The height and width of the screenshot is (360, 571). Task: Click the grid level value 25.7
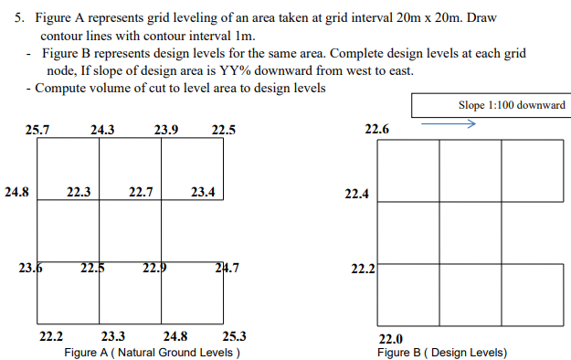[37, 131]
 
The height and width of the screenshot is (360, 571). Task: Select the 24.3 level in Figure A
[102, 131]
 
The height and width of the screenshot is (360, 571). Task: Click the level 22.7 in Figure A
[141, 193]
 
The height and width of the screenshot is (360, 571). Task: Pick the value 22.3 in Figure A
[79, 193]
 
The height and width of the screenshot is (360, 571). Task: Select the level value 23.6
[30, 268]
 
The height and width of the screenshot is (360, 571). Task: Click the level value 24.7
[227, 268]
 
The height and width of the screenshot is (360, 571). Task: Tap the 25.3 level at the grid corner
[234, 335]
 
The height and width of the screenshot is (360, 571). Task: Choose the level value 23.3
[113, 335]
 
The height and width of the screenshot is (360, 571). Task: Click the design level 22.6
[377, 131]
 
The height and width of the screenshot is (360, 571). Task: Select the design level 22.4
[356, 194]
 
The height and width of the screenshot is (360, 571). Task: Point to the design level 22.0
[391, 338]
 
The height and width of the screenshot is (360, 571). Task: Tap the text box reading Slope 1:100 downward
[492, 105]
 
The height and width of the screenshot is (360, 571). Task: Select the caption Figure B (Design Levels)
[442, 352]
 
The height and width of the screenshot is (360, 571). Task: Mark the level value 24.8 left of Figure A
[16, 193]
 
